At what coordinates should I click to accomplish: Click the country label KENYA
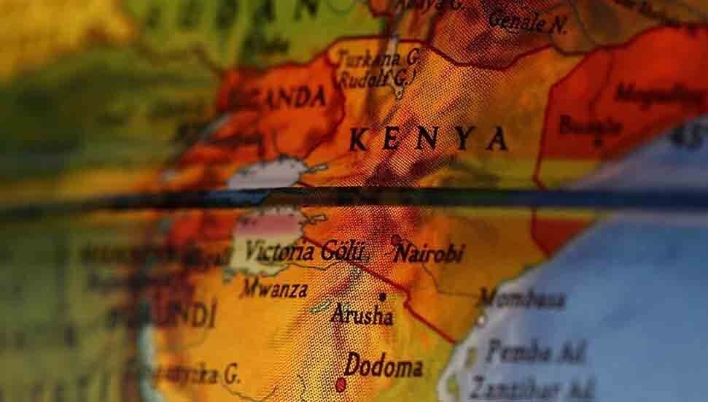pos(427,139)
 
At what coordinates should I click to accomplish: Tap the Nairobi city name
pos(428,254)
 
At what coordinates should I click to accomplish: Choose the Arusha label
pos(362,315)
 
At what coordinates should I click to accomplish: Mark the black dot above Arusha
pos(382,297)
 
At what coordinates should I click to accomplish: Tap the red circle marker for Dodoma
pos(341,384)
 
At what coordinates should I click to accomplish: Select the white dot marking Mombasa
pos(481,320)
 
